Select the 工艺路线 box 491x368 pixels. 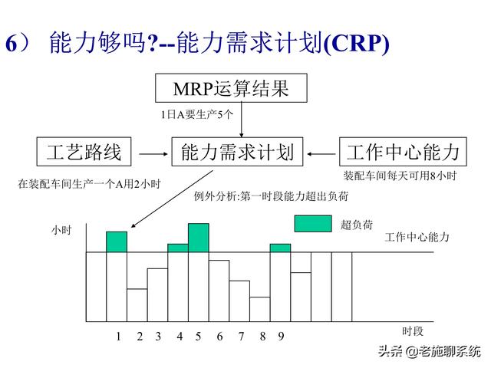tap(84, 151)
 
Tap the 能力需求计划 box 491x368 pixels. tap(237, 151)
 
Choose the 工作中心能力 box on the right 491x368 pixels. tap(403, 151)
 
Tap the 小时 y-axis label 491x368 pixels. tap(61, 229)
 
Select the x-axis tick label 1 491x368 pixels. tap(118, 336)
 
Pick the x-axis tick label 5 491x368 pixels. tap(198, 336)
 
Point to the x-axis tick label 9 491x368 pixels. tap(281, 336)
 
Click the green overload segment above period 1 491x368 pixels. tap(117, 242)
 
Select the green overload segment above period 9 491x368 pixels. tap(280, 248)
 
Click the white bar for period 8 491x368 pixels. tap(260, 308)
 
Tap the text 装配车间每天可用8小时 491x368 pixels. tap(400, 176)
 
